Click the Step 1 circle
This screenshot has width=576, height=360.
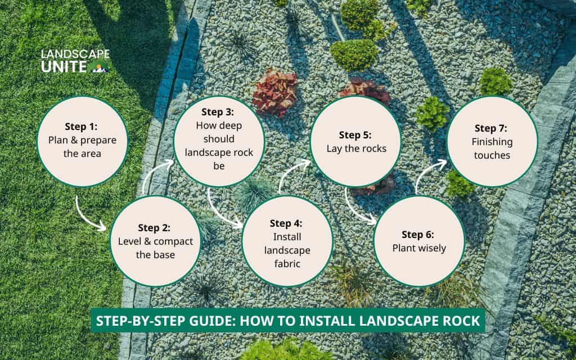82,141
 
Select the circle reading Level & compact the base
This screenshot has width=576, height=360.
155,241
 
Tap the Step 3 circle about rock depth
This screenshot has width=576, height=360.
219,141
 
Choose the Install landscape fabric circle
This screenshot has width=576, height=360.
287,241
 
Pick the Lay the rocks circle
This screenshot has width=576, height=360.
356,141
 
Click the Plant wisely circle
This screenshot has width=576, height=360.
419,241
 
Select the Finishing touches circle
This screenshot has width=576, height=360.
492,141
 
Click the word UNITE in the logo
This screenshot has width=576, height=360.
64,67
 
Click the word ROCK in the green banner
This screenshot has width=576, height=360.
461,321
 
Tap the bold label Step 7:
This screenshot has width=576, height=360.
490,128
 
